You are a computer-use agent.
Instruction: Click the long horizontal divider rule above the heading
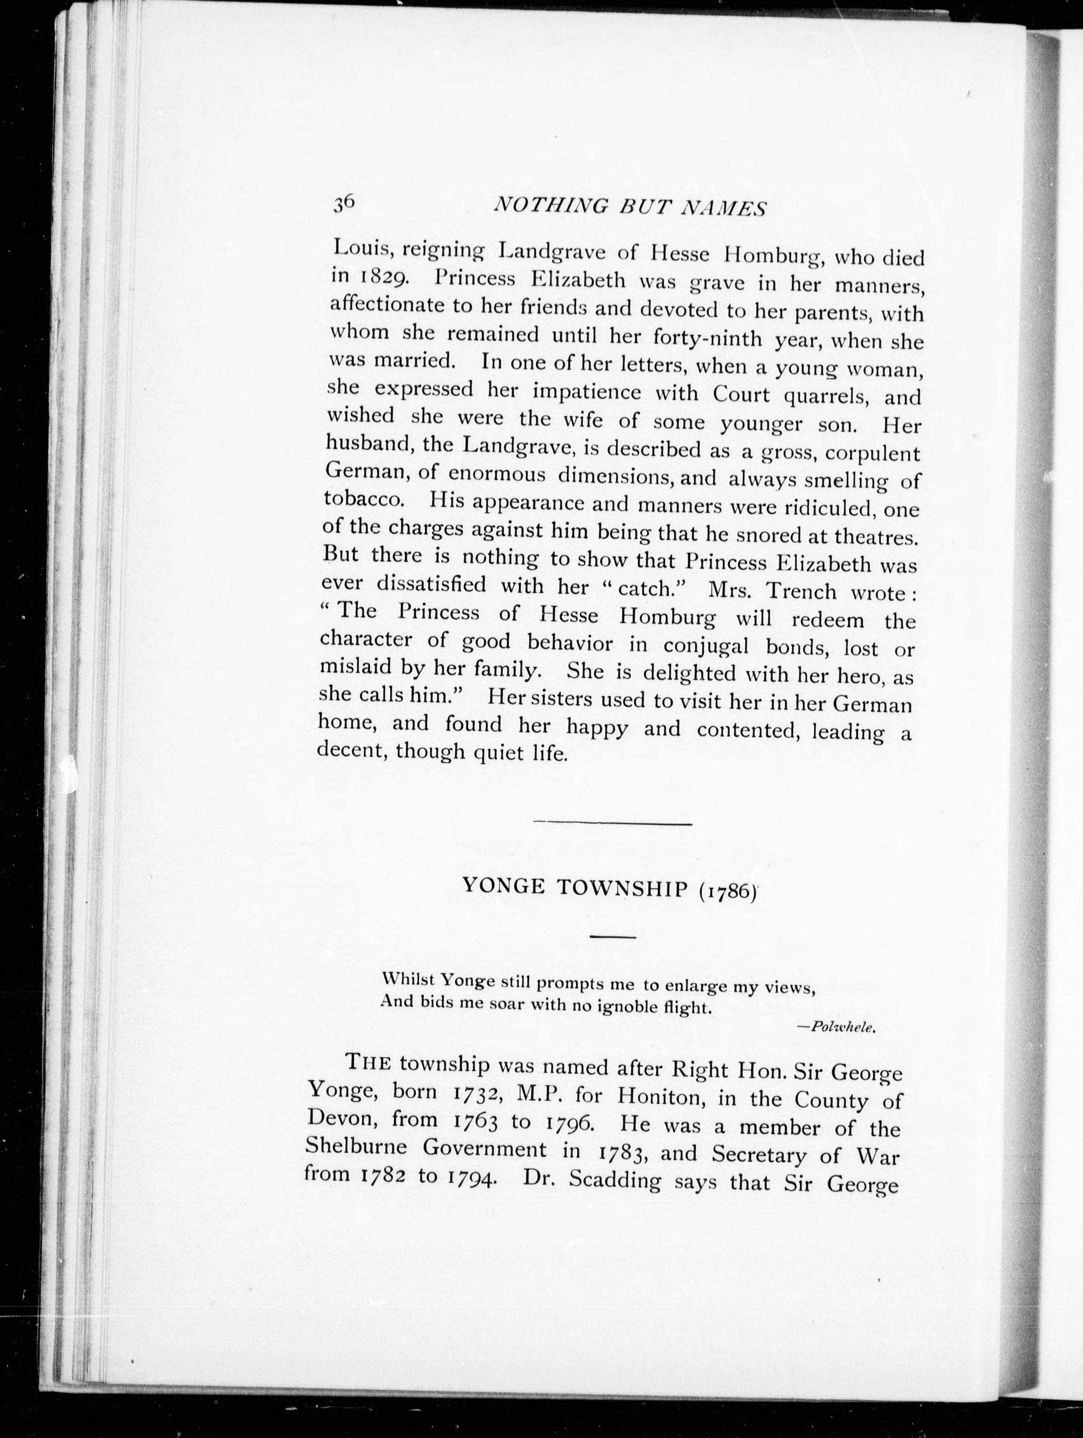pos(611,824)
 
